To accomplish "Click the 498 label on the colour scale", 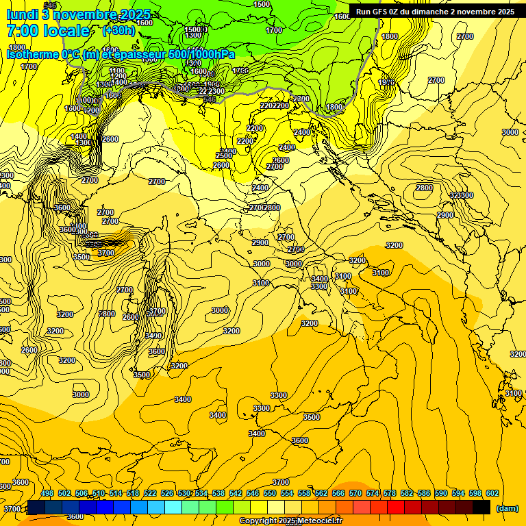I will [x=47, y=493].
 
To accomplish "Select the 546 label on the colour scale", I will [x=253, y=493].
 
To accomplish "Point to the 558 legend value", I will [x=304, y=493].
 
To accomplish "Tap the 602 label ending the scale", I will [x=492, y=493].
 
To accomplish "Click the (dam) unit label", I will [x=507, y=508].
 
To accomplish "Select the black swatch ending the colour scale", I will [x=481, y=507].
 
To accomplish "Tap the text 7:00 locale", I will [x=48, y=31].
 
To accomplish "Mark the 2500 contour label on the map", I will [x=224, y=155].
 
